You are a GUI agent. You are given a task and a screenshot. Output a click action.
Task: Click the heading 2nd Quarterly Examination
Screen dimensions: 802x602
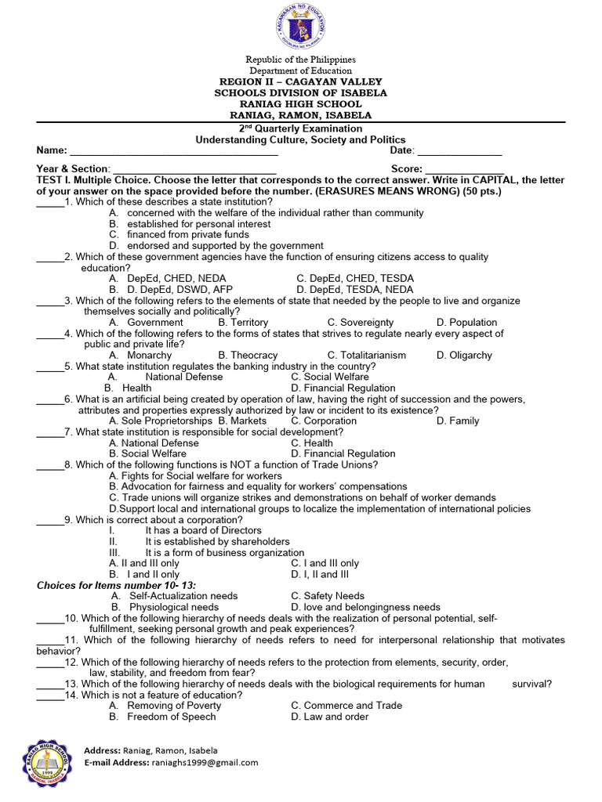coord(301,128)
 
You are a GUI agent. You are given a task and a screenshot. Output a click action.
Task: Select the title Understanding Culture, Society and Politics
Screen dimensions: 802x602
coord(301,139)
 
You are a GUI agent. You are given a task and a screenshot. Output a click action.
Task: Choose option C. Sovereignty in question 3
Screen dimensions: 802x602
coord(361,323)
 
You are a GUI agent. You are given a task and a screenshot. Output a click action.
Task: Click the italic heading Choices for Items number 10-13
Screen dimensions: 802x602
coord(116,585)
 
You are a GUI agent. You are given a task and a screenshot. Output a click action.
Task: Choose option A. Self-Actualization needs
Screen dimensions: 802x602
coord(174,596)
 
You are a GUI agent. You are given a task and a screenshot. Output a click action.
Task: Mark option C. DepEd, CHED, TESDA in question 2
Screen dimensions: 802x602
coord(355,279)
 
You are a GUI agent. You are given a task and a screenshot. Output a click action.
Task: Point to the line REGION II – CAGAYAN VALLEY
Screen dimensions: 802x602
coord(301,81)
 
